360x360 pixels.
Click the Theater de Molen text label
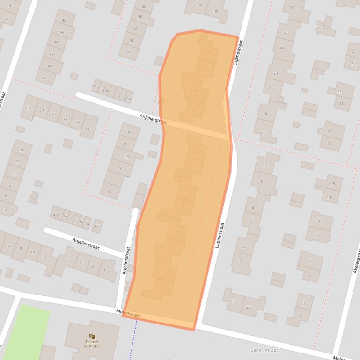(x=92, y=344)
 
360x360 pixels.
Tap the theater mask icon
(x=92, y=336)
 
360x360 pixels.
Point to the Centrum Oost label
(x=265, y=350)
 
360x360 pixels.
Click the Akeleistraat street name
(x=357, y=261)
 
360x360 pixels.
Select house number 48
(x=64, y=21)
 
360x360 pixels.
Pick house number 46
(x=61, y=32)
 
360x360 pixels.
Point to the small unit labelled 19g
(x=96, y=86)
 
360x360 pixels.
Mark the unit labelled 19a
(x=127, y=99)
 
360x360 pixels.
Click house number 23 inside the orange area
(x=207, y=53)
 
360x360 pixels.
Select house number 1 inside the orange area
(x=162, y=288)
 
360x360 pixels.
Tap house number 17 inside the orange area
(x=193, y=110)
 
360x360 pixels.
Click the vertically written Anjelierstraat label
(x=126, y=261)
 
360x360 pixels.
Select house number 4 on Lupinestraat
(x=244, y=247)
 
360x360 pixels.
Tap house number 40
(x=50, y=66)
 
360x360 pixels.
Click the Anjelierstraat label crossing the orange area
(x=153, y=119)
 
